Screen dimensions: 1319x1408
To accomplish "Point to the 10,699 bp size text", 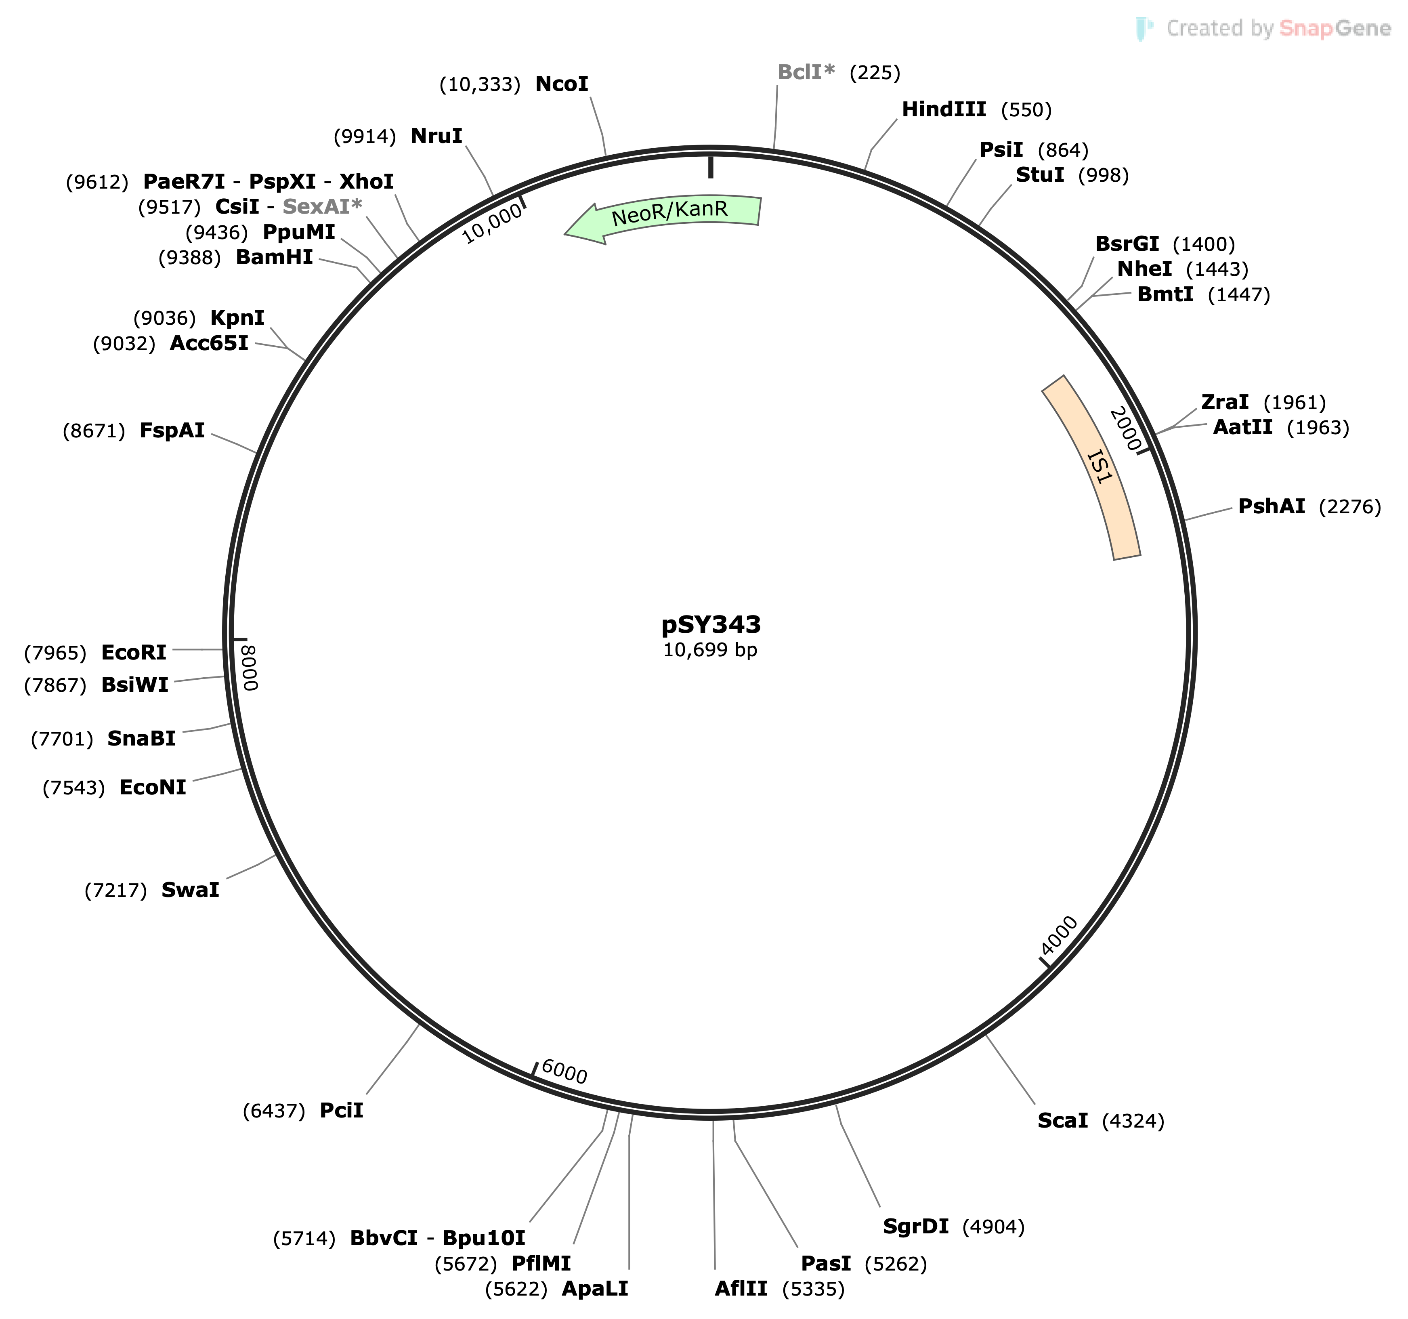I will coord(710,650).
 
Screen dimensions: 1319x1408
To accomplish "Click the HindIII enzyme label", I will coord(943,110).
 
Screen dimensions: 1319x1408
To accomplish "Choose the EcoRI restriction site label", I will coord(134,652).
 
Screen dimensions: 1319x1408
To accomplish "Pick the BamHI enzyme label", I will coord(274,257).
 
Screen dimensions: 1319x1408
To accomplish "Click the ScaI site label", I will coord(1062,1121).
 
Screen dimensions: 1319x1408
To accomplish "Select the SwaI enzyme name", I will coord(190,891).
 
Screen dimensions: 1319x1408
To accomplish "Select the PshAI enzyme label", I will coord(1271,506).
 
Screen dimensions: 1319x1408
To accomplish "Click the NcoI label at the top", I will coord(562,84).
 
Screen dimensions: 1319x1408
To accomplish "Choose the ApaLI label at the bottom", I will coord(595,1289).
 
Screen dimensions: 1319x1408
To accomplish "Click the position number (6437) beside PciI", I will coord(274,1111).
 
